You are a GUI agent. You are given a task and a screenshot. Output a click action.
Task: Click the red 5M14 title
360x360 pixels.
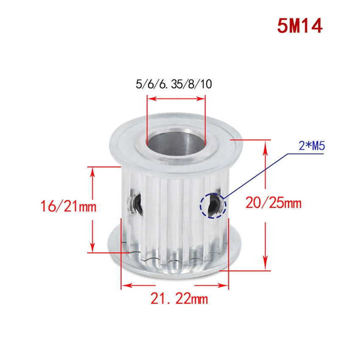tap(300, 26)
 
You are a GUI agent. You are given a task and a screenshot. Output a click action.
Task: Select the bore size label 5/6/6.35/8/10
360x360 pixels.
tap(174, 84)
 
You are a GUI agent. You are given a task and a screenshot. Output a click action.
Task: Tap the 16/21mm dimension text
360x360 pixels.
tap(69, 206)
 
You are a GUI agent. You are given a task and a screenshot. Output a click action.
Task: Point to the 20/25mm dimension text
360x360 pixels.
tap(274, 203)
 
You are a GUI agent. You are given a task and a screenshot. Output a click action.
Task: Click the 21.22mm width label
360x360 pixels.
tap(179, 299)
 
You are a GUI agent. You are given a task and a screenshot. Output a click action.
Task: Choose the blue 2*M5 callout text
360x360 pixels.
tap(312, 146)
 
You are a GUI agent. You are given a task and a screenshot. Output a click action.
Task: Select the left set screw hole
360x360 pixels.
tap(136, 202)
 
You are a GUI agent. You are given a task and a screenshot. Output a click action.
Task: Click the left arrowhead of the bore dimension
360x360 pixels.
tap(152, 99)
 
